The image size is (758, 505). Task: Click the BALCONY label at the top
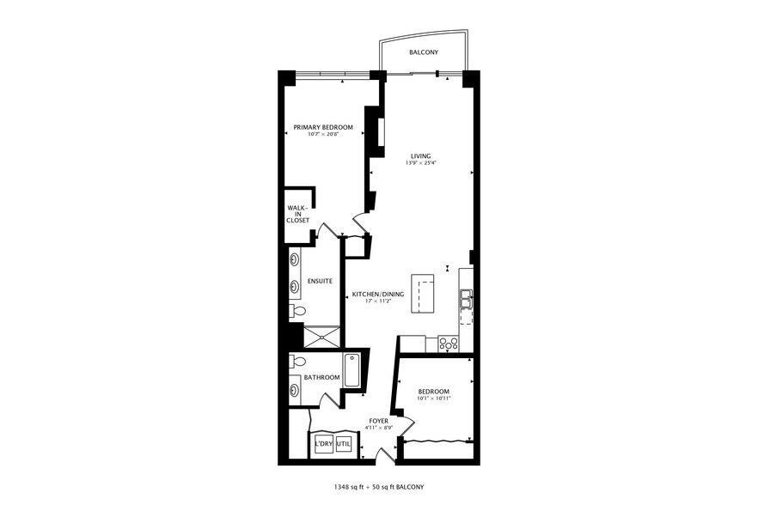click(x=424, y=52)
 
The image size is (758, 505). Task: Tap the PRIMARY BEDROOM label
click(x=323, y=127)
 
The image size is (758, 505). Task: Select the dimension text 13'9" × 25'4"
click(x=420, y=162)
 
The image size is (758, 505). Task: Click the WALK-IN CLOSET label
click(x=297, y=214)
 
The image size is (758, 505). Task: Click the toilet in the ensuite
click(x=297, y=310)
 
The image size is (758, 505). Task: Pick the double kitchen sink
click(x=465, y=299)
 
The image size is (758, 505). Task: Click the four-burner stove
click(x=449, y=343)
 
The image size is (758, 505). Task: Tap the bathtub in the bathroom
click(x=352, y=370)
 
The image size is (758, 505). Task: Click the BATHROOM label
click(x=321, y=377)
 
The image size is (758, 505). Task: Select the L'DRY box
click(x=323, y=444)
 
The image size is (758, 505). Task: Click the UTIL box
click(x=343, y=444)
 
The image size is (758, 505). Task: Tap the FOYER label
click(x=378, y=421)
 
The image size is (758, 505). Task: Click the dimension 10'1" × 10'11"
click(x=433, y=398)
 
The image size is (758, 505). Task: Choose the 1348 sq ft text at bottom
click(x=354, y=487)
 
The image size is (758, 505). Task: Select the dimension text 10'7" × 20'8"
click(x=323, y=134)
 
